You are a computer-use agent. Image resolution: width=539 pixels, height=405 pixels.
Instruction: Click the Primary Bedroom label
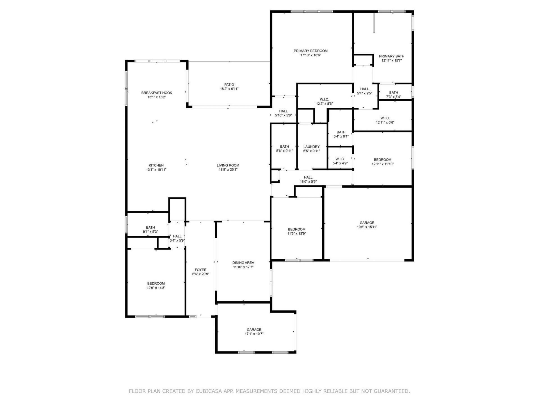click(x=310, y=51)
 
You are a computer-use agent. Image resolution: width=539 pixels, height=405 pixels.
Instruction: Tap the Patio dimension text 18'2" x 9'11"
click(x=229, y=89)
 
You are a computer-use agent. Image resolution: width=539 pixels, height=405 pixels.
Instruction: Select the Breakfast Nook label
click(x=157, y=93)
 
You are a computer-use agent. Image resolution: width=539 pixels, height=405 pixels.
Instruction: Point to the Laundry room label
click(x=311, y=147)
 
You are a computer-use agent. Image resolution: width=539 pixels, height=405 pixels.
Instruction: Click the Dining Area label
click(x=243, y=263)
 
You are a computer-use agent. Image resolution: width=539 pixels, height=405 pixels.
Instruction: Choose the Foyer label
click(x=200, y=270)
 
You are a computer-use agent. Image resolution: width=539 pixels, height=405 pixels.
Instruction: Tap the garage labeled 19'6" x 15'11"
click(x=367, y=225)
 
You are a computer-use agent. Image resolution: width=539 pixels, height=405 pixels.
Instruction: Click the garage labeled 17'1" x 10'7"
click(x=254, y=332)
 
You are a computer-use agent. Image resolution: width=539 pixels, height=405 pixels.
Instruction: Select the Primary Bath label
click(x=391, y=56)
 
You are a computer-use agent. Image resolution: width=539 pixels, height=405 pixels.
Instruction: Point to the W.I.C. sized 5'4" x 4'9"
click(x=340, y=161)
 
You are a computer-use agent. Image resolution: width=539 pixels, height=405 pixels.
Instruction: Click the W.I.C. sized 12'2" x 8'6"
click(x=324, y=102)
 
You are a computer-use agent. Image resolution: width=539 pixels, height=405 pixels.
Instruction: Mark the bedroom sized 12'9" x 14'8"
click(x=156, y=285)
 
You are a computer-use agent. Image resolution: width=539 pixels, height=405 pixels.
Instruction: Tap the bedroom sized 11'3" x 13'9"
click(x=296, y=231)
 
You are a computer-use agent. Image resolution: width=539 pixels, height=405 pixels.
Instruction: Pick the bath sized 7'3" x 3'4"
click(x=393, y=94)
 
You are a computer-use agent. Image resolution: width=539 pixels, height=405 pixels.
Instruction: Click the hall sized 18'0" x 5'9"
click(x=308, y=179)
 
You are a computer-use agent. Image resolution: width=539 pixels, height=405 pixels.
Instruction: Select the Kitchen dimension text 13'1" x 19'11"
click(x=156, y=170)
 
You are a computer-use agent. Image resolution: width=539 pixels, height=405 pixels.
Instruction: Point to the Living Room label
click(x=228, y=165)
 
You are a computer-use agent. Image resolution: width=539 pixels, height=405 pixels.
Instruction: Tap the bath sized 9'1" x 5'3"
click(x=150, y=229)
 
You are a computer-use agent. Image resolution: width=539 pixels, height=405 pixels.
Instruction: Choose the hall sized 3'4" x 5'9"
click(x=177, y=238)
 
